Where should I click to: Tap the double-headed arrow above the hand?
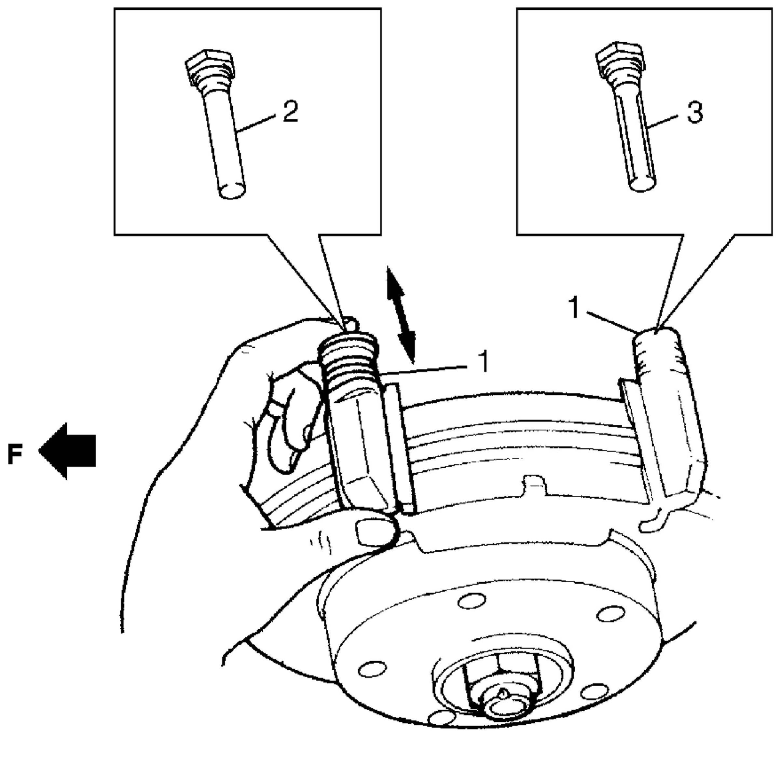pyautogui.click(x=400, y=315)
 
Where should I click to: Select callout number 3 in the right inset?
pyautogui.click(x=694, y=113)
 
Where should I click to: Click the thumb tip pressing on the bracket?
pyautogui.click(x=374, y=532)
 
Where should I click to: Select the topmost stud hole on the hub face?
pyautogui.click(x=471, y=601)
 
